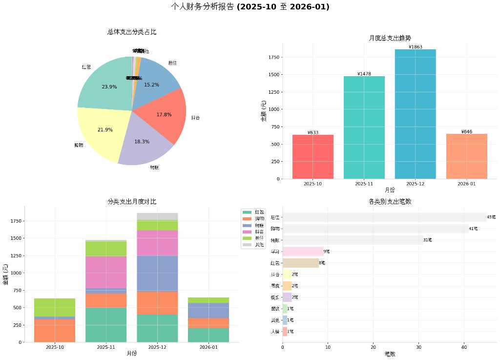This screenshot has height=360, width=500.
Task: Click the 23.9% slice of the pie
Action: coord(105,83)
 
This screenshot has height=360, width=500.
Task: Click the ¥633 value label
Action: coord(313,132)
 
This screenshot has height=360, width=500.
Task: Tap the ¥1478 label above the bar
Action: coord(364,74)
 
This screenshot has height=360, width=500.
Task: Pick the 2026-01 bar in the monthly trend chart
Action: coord(466,156)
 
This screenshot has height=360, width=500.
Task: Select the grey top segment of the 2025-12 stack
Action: coord(157,216)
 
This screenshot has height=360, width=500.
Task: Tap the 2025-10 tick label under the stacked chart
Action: coord(55,347)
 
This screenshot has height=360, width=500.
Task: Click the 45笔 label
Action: coord(491,217)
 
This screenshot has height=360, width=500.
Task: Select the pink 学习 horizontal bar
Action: coord(303,252)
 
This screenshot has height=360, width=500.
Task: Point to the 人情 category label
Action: coord(275,332)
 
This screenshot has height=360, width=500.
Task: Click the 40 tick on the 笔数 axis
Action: coord(464,347)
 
